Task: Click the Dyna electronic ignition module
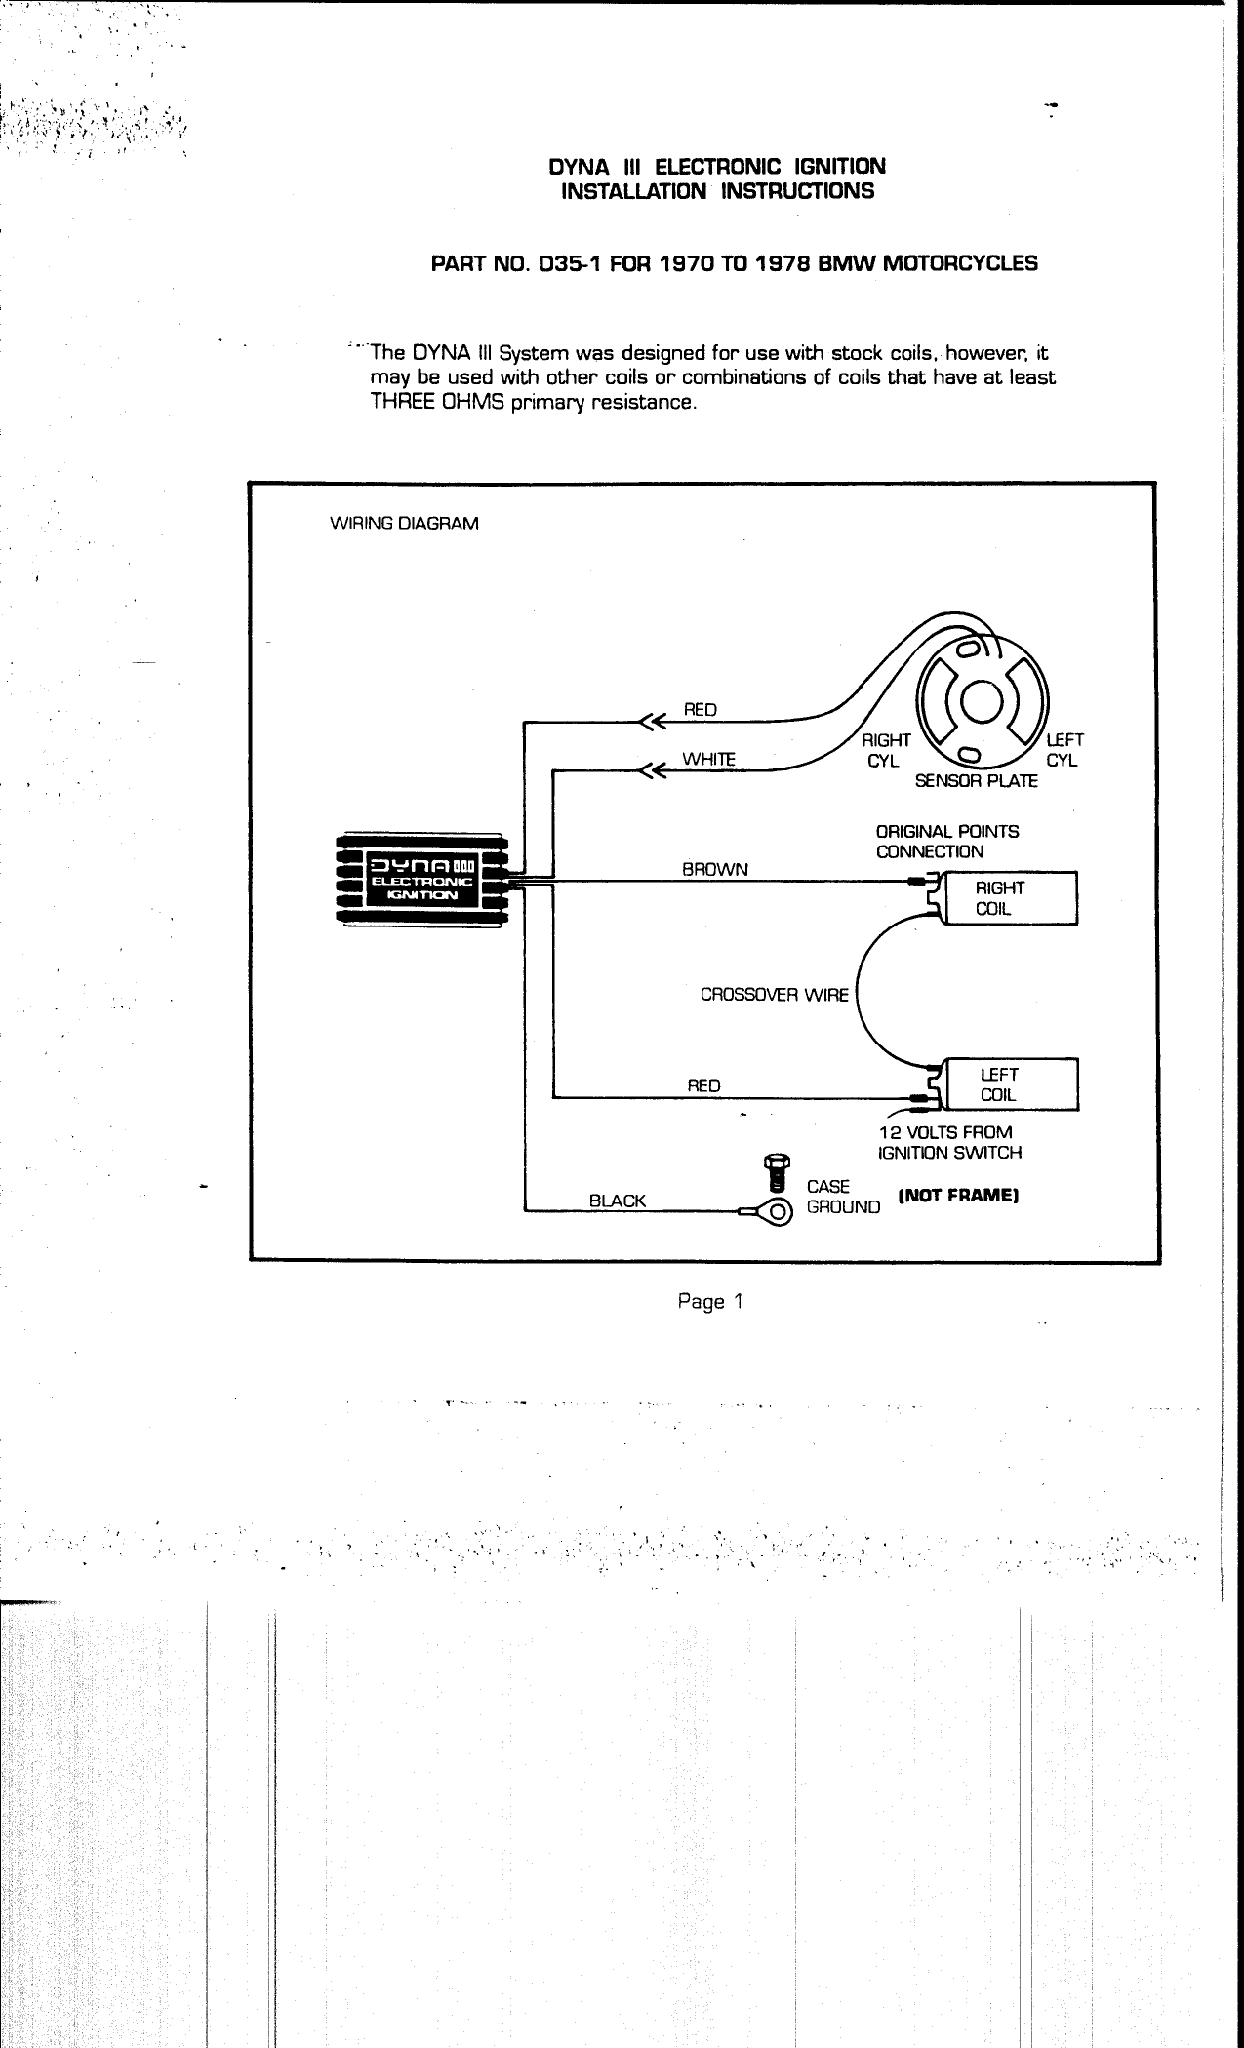coord(419,881)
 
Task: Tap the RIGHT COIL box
coord(1006,897)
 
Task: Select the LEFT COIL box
coord(1006,1083)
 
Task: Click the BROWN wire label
coord(715,869)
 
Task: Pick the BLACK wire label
coord(618,1201)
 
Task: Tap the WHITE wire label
coord(708,759)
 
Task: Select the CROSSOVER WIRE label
coord(775,996)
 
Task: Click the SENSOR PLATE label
coord(976,781)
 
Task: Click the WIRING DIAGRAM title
coord(406,524)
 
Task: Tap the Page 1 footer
coord(710,1301)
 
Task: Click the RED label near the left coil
coord(703,1085)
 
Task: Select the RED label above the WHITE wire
coord(700,710)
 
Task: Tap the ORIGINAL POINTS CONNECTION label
coord(946,842)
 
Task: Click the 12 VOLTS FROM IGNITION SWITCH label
coord(949,1142)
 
